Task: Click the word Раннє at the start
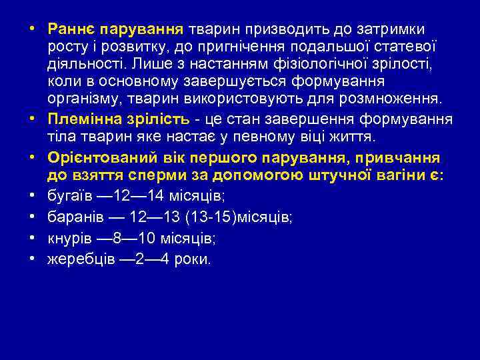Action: click(x=69, y=29)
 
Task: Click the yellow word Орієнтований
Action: click(x=95, y=159)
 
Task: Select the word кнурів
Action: click(x=68, y=239)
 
